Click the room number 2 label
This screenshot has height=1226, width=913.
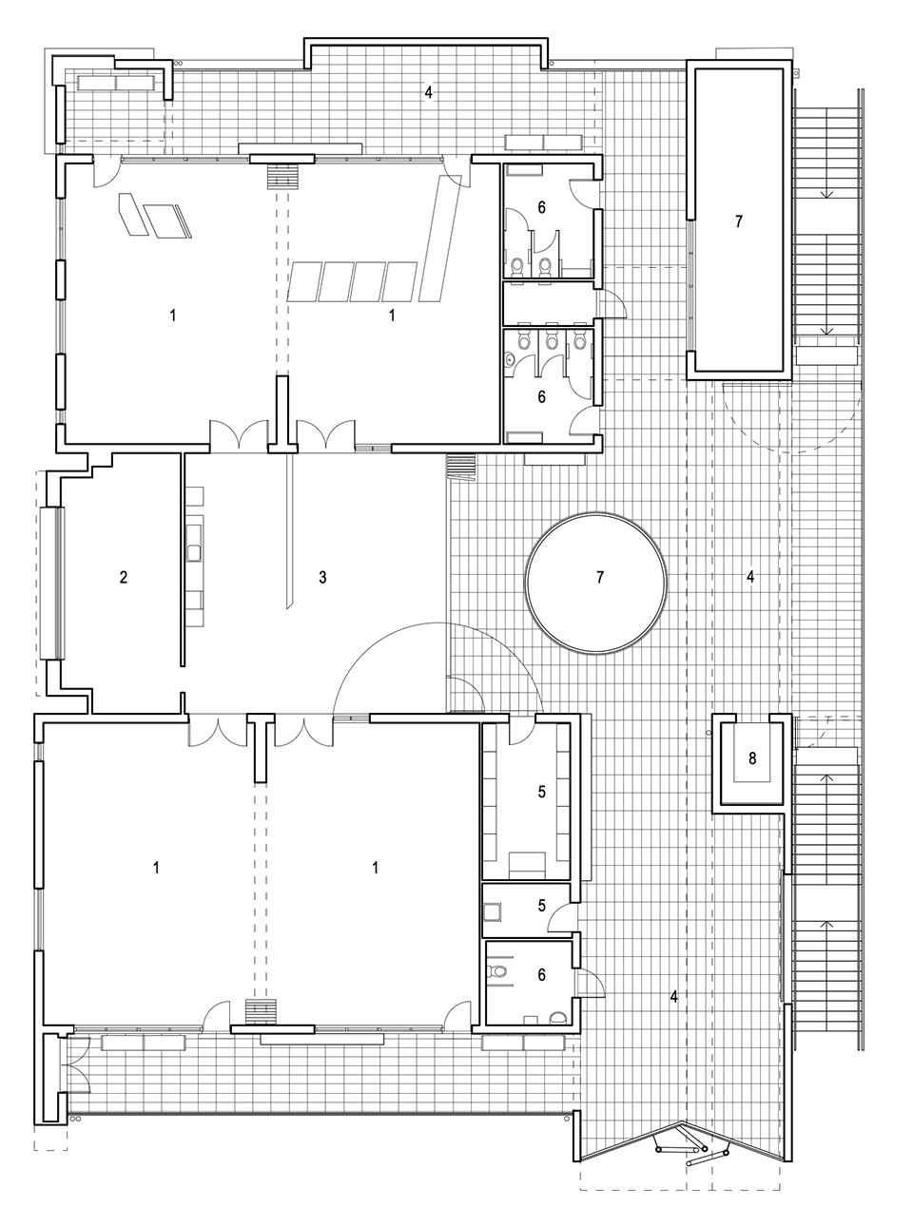pos(124,577)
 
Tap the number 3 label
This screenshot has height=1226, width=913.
pos(322,577)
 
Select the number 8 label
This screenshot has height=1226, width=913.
pos(752,758)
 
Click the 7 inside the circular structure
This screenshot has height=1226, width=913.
pos(599,577)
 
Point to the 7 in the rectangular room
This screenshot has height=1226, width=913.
pos(739,221)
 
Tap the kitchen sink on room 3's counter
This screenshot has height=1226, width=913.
pos(194,551)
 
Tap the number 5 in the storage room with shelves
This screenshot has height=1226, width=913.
pos(542,792)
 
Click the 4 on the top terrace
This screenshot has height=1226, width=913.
pos(429,92)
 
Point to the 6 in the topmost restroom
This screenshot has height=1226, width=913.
pos(542,206)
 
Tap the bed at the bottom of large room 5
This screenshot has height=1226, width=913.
pos(524,865)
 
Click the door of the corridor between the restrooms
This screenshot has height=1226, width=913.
pos(609,303)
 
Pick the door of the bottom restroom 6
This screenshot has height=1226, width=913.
pos(586,981)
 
